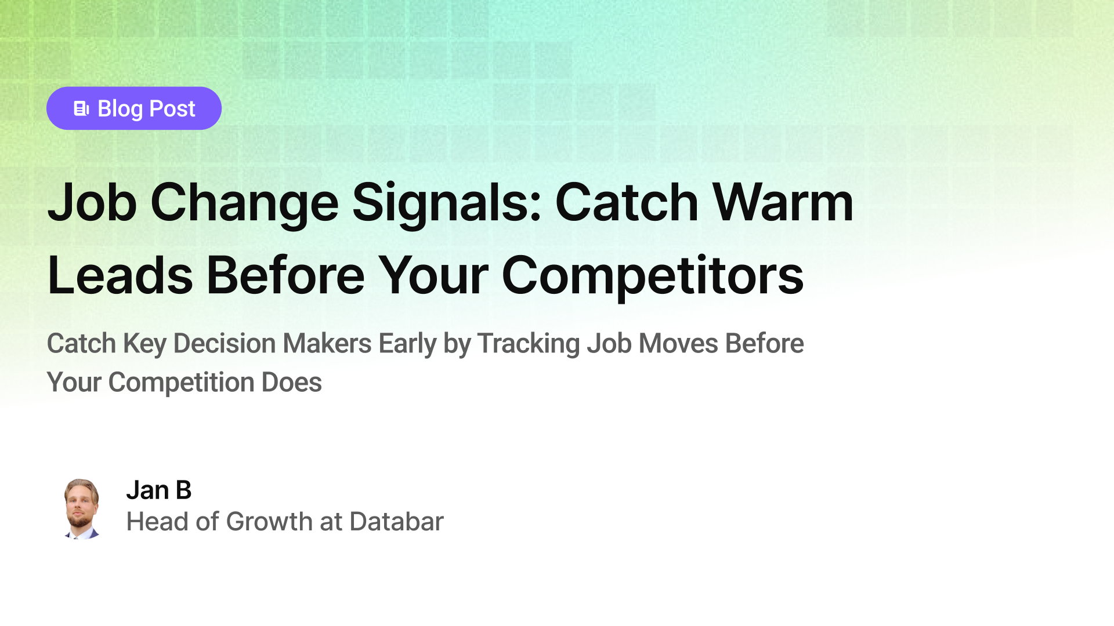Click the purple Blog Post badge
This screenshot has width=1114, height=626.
[x=133, y=108]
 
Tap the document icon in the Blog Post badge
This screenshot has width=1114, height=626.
[x=81, y=108]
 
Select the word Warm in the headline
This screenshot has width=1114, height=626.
[x=783, y=203]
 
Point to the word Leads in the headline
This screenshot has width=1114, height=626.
[x=120, y=276]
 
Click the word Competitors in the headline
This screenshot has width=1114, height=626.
[x=652, y=276]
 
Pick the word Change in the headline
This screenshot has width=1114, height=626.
[x=244, y=203]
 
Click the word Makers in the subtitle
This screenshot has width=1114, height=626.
[x=327, y=344]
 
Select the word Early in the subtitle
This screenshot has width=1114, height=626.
[x=407, y=344]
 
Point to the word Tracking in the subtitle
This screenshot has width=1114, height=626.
[x=528, y=344]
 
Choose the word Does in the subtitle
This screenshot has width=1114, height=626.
[x=291, y=383]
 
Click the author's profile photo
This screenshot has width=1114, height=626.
[x=81, y=508]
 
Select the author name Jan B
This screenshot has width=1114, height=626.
[x=158, y=490]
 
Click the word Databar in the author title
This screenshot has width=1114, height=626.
[x=396, y=522]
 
